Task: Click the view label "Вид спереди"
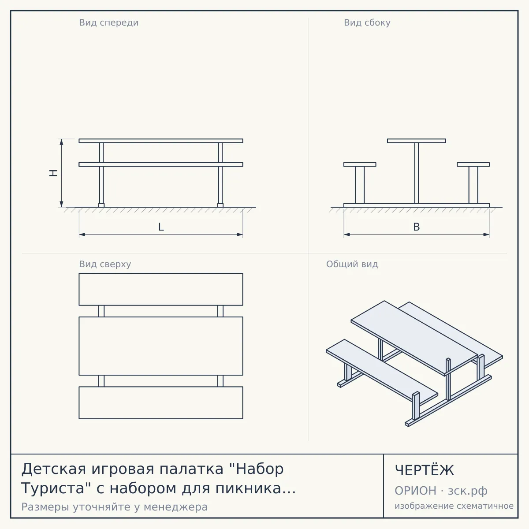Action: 109,22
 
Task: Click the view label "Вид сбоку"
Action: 367,22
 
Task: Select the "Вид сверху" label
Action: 105,264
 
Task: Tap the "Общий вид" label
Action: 352,264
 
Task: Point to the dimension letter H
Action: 53,173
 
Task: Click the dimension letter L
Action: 161,227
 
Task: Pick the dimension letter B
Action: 417,227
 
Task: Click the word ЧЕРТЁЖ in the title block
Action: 425,470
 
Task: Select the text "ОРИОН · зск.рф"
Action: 441,491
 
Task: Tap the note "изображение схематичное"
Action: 454,506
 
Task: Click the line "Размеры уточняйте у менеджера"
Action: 115,507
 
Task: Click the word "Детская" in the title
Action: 54,469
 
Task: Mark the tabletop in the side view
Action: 417,141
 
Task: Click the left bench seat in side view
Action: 360,164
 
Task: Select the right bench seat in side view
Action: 473,164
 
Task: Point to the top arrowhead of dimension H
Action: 61,142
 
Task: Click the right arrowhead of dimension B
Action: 486,235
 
